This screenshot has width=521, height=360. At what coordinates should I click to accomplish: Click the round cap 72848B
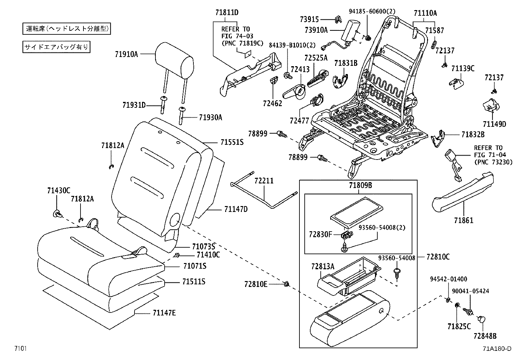pos(481,319)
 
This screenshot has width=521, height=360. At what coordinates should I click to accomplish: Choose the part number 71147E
pos(164,313)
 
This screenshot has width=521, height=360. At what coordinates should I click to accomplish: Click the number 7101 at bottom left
pos(20,348)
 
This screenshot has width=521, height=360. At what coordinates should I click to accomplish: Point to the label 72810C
pos(438,257)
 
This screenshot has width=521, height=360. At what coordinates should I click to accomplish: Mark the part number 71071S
pos(194,266)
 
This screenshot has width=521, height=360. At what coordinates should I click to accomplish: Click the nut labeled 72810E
pos(287,284)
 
